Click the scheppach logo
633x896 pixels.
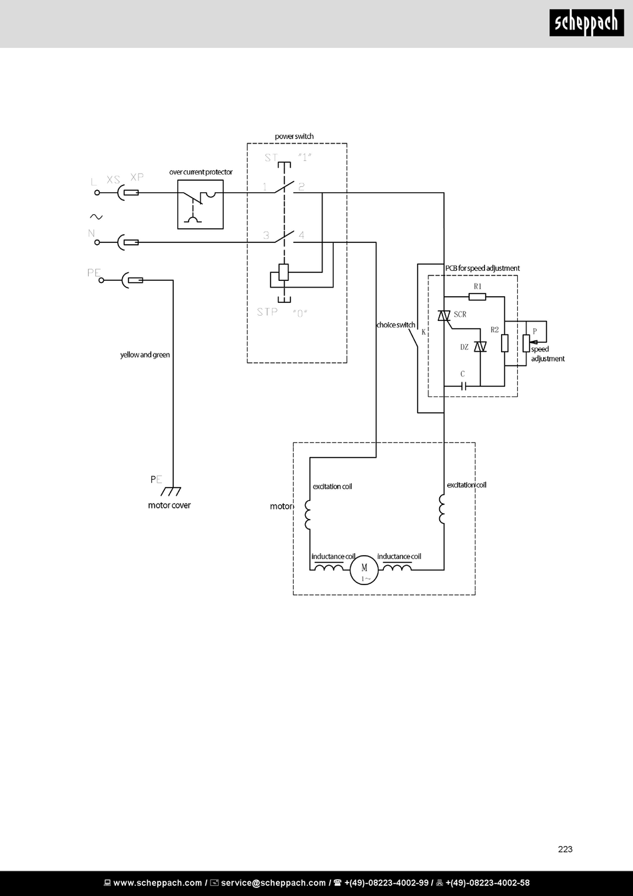586,23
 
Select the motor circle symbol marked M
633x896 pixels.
364,570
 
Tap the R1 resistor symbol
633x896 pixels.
477,296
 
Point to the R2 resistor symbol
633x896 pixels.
504,343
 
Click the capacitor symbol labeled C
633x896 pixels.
463,386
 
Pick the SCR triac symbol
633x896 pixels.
444,316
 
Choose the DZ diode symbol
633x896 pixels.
480,347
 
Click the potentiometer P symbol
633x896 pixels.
526,344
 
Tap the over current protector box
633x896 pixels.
201,204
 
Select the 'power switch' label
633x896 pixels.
294,136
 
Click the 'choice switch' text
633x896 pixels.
396,325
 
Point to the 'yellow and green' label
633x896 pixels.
145,355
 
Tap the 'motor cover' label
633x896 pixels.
169,505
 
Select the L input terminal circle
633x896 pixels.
97,193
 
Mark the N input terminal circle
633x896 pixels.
97,242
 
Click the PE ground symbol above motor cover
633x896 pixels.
171,491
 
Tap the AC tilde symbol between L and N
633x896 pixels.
96,217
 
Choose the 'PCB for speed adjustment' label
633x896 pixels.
482,268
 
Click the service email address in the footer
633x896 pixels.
273,883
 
